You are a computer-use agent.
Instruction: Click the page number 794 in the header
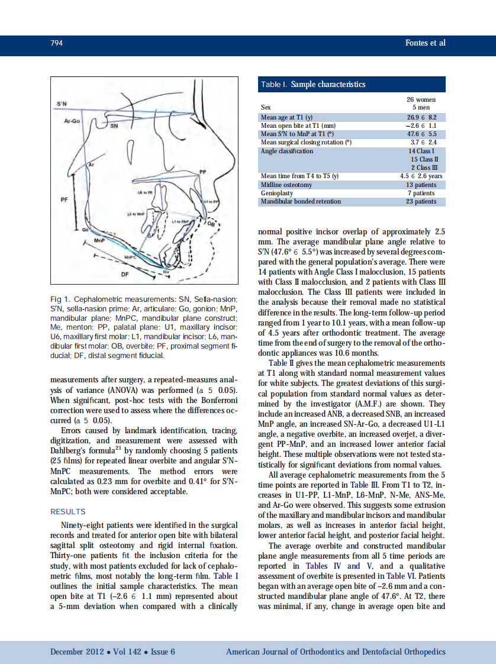coord(57,43)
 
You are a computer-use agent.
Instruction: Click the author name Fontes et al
coord(424,43)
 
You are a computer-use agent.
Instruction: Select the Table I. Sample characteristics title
coord(313,85)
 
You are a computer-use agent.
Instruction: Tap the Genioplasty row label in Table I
coord(277,193)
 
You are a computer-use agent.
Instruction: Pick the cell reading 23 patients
coord(421,201)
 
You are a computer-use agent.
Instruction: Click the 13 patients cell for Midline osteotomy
coord(421,185)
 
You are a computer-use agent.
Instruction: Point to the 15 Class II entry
coord(423,159)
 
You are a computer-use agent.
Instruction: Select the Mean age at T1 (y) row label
coord(286,117)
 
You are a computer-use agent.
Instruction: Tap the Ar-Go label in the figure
coord(72,120)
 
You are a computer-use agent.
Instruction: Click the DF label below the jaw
coord(124,274)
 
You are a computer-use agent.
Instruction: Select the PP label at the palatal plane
coord(202,172)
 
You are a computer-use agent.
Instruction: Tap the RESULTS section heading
coord(67,511)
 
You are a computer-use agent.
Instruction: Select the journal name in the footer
coord(336,652)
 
